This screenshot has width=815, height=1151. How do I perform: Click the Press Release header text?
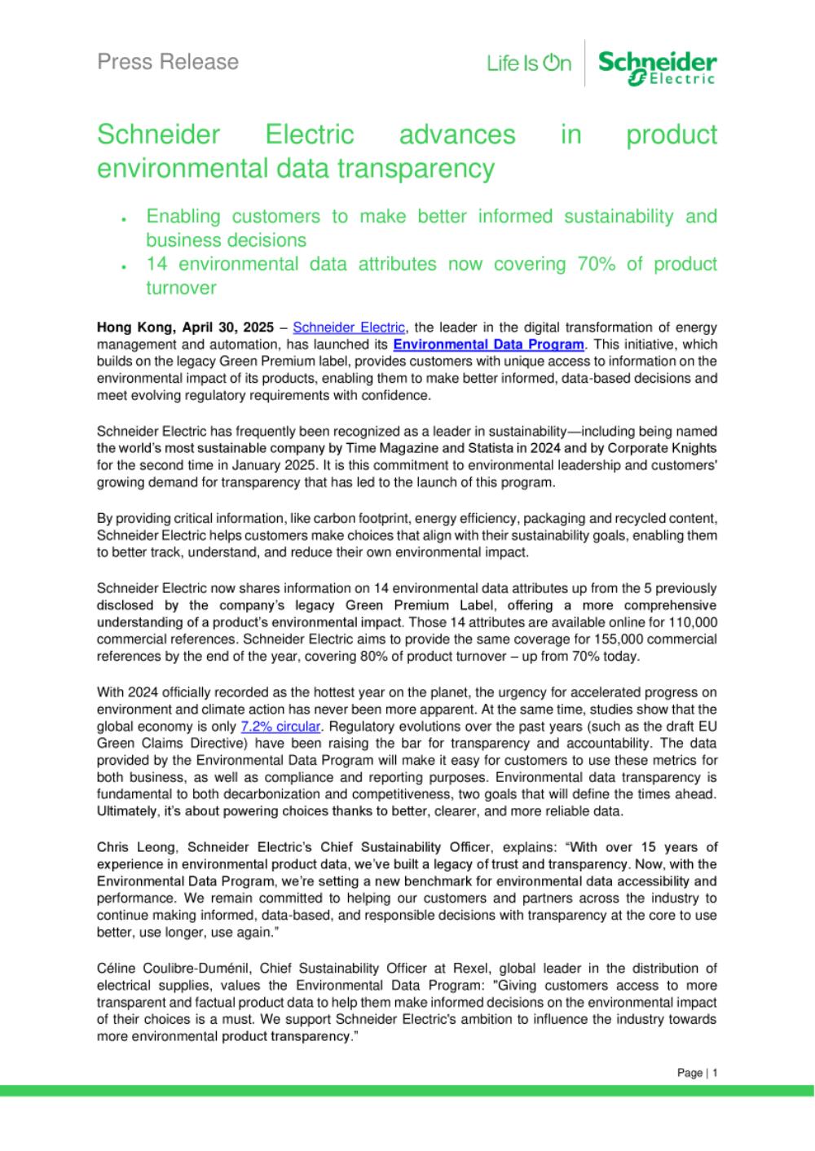(168, 62)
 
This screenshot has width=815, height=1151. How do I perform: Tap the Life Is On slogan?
(529, 64)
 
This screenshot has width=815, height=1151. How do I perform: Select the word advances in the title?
(457, 134)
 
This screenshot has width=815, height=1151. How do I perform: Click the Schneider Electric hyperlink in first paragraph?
(348, 327)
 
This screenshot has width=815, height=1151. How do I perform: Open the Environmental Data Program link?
(488, 345)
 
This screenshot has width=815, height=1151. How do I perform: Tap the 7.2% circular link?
(280, 727)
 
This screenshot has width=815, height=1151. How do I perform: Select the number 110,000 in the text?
(688, 622)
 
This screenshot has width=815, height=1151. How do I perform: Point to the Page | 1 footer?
(697, 1073)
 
